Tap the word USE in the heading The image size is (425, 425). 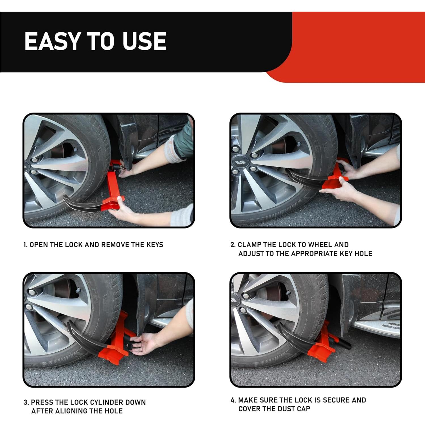[x=144, y=41]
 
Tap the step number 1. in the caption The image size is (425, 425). [x=26, y=245]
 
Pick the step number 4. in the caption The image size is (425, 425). [x=233, y=400]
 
